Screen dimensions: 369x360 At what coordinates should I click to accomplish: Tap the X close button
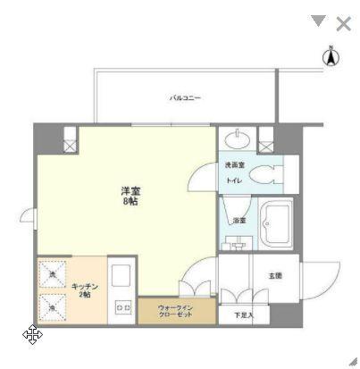tap(343, 22)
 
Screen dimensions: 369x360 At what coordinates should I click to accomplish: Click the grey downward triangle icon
tap(318, 21)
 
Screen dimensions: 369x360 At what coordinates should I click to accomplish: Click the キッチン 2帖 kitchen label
tap(85, 289)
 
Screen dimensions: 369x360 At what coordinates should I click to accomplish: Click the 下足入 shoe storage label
tap(244, 315)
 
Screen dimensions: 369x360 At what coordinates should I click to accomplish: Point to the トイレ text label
tap(233, 180)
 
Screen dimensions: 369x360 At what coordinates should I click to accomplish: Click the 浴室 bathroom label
tap(239, 220)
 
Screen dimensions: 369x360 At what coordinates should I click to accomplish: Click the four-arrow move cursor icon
tap(32, 335)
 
